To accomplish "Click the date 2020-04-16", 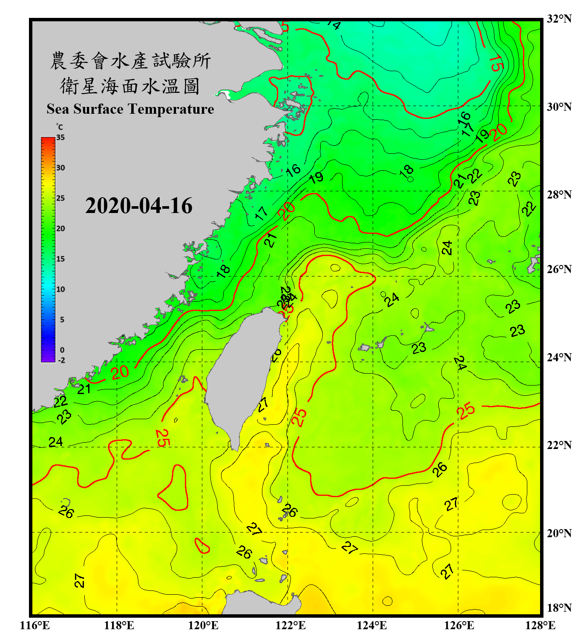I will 139,206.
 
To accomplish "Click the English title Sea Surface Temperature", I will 130,109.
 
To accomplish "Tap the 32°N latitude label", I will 559,19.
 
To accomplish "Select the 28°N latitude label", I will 559,195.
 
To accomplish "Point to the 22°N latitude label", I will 559,446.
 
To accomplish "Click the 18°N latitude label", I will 559,608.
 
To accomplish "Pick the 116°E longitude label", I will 35,625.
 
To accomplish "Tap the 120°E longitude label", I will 203,625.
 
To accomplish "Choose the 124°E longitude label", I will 372,625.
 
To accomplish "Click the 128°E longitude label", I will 540,625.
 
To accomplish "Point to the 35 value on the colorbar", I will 60,138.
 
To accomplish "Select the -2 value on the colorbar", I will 61,360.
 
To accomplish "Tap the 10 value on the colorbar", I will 60,289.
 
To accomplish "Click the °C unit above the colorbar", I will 60,127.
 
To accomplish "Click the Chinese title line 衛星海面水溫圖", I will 130,86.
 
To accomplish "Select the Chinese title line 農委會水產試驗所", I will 130,61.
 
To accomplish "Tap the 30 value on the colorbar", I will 60,168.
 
